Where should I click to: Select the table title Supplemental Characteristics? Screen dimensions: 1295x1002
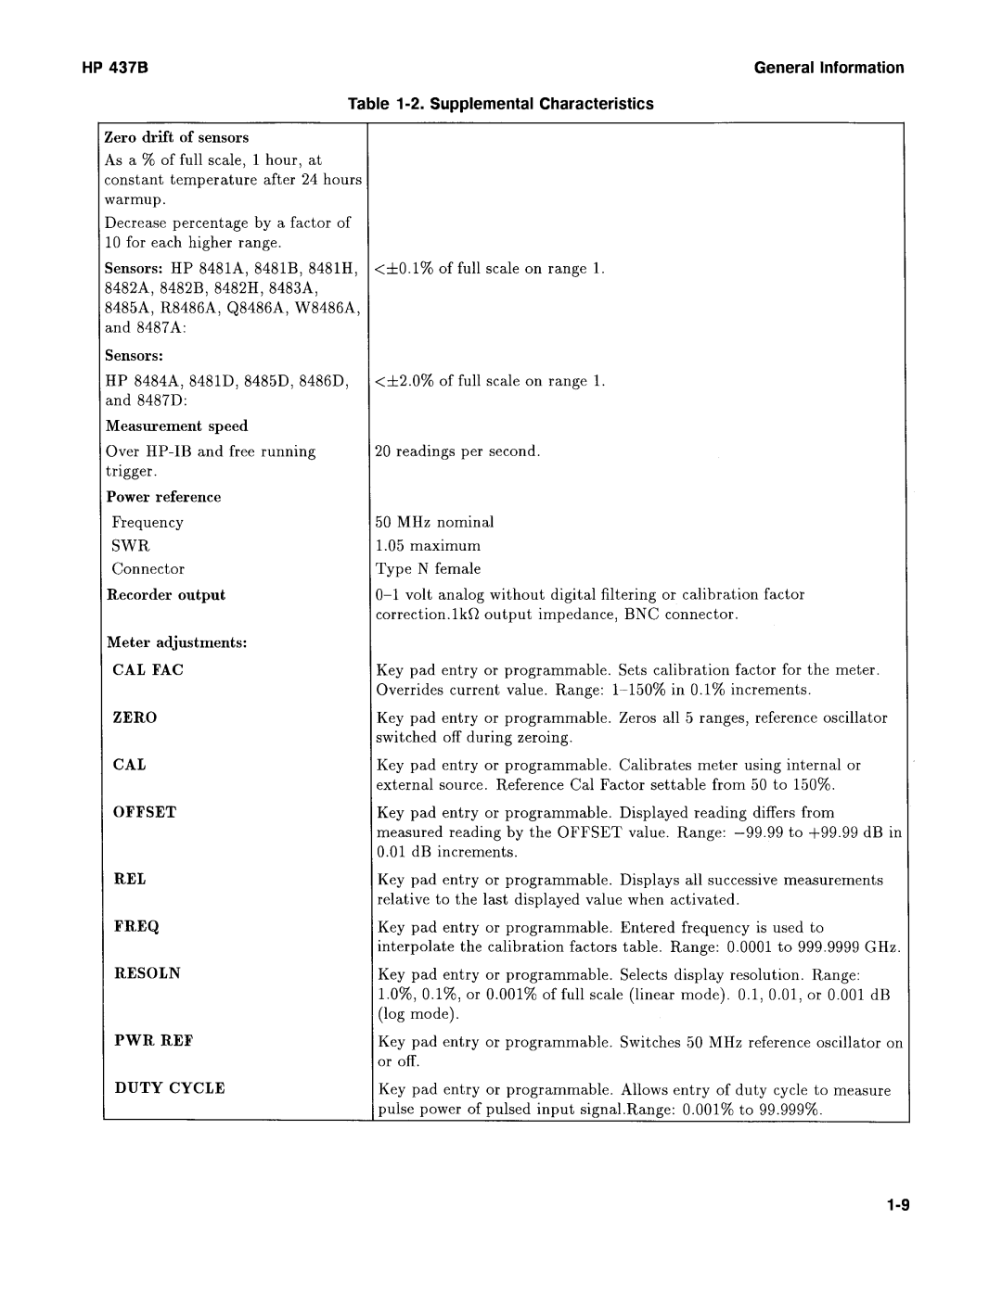point(501,104)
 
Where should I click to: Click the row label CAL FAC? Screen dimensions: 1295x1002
point(148,670)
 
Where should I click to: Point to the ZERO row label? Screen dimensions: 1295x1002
point(135,717)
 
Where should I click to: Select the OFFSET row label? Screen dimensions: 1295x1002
point(145,812)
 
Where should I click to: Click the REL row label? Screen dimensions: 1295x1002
point(130,879)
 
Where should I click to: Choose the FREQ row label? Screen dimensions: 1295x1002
point(136,927)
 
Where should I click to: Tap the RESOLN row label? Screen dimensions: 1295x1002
point(148,973)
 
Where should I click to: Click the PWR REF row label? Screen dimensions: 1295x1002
point(153,1041)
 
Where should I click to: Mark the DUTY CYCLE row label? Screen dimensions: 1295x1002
point(169,1088)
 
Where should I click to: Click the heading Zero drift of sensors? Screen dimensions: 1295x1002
point(177,138)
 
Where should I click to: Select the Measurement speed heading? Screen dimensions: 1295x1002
point(176,426)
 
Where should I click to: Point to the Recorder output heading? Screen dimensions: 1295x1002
point(166,595)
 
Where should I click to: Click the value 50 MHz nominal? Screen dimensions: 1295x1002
point(435,523)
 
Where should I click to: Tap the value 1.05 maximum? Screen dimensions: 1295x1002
point(428,546)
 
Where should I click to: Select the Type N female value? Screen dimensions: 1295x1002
point(428,569)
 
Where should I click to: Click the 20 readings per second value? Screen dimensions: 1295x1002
point(457,451)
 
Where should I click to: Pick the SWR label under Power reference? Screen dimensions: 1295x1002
point(131,546)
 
